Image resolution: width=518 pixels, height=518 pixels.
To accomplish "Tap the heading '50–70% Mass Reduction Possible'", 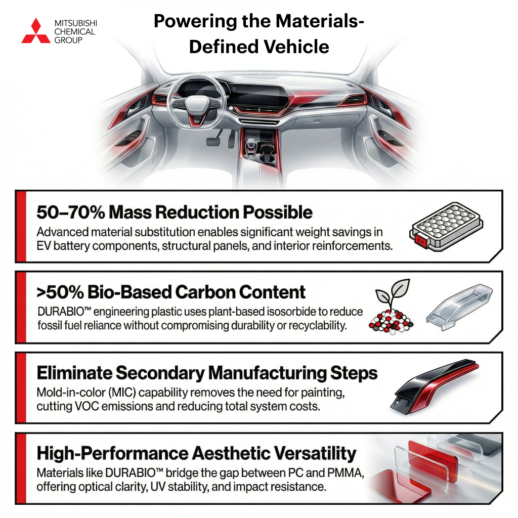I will [x=175, y=212].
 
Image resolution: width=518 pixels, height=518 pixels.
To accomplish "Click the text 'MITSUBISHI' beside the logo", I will [x=75, y=24].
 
